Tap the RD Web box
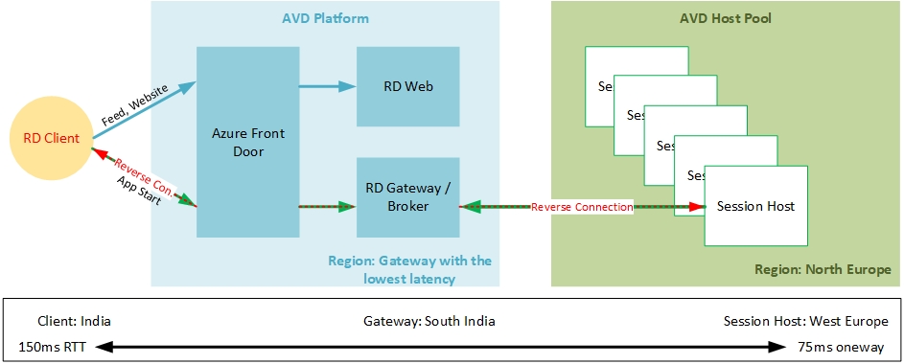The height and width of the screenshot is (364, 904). coord(407,86)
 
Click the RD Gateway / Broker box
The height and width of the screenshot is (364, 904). coord(407,197)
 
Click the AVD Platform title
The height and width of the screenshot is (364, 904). coord(325,18)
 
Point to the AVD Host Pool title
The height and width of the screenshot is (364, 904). coord(726,18)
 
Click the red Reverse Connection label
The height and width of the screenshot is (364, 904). coord(582,207)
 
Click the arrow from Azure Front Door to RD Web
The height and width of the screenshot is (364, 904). coord(326,87)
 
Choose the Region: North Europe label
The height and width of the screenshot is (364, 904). coord(823,269)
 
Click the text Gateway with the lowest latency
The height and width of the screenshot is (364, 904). coord(410,269)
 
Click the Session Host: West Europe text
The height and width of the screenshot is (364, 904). coord(805,321)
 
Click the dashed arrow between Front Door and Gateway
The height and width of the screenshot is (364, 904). coord(326,206)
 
